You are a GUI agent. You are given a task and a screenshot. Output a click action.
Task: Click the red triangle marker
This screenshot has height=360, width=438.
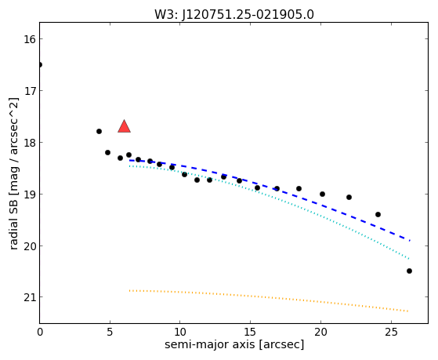[124, 126]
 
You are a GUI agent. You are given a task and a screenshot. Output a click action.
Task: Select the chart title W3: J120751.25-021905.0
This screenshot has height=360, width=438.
[234, 15]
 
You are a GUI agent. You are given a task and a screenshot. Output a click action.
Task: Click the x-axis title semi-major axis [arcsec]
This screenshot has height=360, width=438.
[234, 344]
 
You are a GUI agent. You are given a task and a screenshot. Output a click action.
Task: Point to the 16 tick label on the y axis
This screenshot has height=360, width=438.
[30, 39]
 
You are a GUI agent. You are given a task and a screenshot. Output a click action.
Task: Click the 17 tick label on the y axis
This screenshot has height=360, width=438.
[30, 91]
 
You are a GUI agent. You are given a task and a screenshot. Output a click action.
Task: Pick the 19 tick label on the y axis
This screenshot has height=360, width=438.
[30, 195]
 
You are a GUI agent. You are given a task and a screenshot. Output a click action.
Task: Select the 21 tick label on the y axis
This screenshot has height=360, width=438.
[30, 297]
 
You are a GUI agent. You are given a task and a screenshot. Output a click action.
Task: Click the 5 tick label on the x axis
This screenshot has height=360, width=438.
[110, 332]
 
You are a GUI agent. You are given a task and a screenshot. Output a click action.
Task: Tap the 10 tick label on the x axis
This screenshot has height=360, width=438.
[180, 332]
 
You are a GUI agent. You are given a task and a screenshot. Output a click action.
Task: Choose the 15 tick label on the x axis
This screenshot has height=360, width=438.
[250, 332]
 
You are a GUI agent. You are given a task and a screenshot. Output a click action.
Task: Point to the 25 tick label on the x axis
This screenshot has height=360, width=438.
[391, 332]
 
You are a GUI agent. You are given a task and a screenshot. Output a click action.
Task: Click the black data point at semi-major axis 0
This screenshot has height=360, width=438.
[40, 65]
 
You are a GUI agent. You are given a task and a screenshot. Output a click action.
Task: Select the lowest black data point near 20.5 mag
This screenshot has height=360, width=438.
[409, 271]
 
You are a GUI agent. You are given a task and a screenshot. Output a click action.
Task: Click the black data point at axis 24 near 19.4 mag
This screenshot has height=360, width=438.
[378, 215]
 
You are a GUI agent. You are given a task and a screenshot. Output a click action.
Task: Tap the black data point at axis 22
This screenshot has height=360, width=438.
[349, 197]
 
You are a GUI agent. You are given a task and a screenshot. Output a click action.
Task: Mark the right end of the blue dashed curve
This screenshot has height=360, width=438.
[410, 241]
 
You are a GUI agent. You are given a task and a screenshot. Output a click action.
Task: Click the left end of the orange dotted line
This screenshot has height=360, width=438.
[129, 291]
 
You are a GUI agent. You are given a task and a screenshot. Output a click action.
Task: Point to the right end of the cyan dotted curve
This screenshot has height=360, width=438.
[409, 259]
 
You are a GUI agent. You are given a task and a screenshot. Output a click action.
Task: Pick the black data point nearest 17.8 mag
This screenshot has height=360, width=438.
[99, 131]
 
